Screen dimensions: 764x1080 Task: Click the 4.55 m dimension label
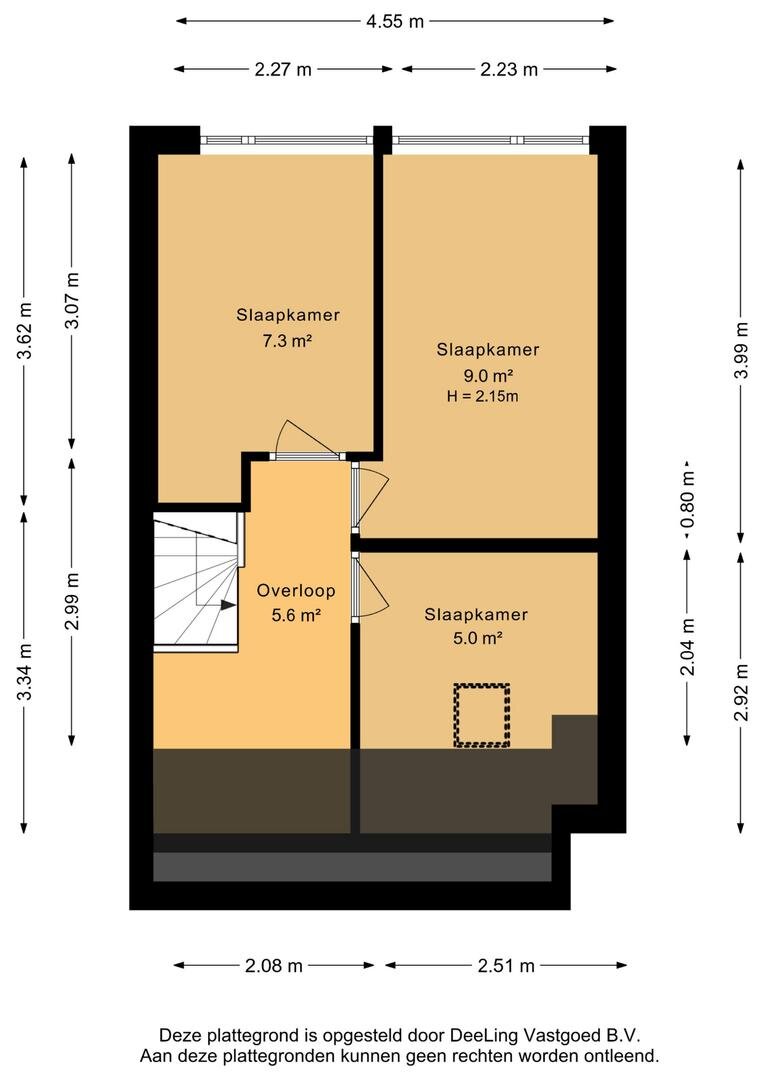(x=395, y=21)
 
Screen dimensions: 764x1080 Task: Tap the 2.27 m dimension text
(x=283, y=69)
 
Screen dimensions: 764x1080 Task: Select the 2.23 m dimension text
(x=508, y=69)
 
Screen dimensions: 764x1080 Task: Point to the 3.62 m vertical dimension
(x=25, y=331)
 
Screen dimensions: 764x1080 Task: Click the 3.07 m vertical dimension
(x=72, y=300)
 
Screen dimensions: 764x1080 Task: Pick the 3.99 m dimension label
(x=741, y=350)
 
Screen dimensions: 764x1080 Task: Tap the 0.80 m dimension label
(x=688, y=499)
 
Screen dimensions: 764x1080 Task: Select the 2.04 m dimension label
(x=688, y=647)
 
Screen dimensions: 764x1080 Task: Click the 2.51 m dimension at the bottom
(x=506, y=966)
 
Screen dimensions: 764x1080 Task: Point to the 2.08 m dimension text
(x=273, y=966)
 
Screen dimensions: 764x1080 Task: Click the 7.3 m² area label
(x=288, y=340)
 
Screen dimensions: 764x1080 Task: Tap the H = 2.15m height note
(x=482, y=396)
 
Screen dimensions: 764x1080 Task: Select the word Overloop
(x=296, y=590)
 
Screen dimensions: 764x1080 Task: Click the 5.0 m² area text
(x=477, y=638)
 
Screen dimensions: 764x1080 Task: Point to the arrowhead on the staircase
(x=228, y=605)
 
